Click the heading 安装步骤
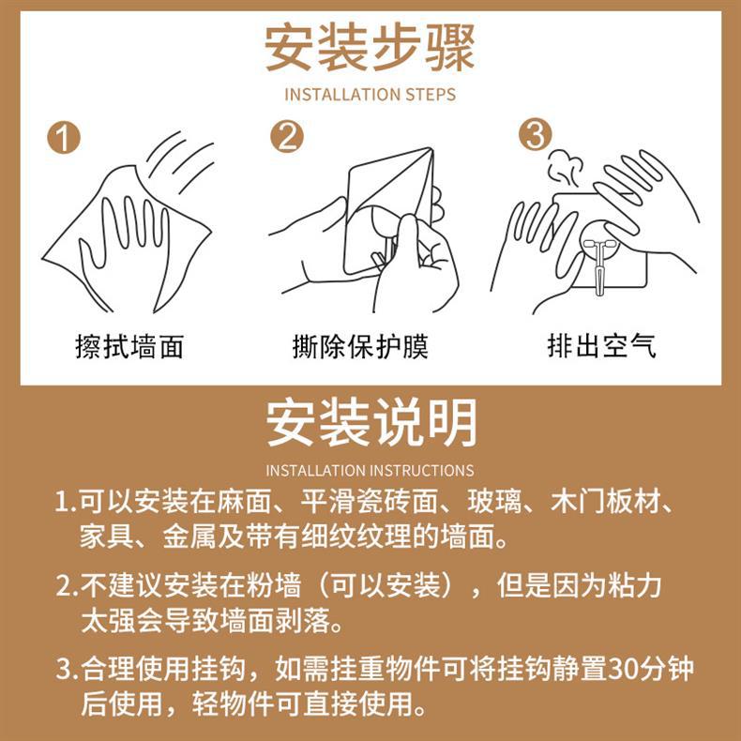pos(370,48)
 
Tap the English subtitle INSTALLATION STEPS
pos(370,95)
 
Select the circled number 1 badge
pos(64,138)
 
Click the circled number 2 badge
pos(287,137)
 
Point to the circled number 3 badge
pos(536,134)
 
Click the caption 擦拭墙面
pos(129,347)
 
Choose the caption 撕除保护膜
pos(360,347)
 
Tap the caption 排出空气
pos(601,346)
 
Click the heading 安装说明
pos(371,423)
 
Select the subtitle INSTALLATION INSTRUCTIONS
pos(370,471)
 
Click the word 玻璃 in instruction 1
pos(495,502)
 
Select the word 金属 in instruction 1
pos(189,537)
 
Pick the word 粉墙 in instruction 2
pos(274,586)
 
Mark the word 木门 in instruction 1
pos(578,502)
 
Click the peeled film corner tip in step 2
pos(431,149)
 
